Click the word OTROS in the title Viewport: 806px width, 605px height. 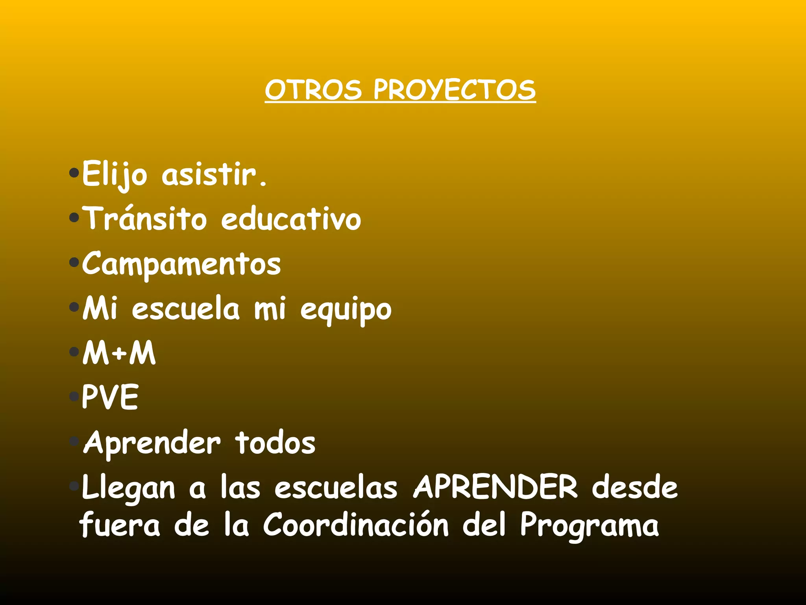point(313,90)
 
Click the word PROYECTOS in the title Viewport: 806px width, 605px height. point(455,90)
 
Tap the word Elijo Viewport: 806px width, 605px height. point(115,174)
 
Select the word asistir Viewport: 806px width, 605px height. point(214,174)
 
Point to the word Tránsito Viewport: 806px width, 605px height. point(146,219)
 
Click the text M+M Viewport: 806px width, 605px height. point(119,353)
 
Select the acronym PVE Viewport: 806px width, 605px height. point(110,397)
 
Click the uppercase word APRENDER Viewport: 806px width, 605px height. point(495,488)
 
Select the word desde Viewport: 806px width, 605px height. point(635,488)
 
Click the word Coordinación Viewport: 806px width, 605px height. point(356,525)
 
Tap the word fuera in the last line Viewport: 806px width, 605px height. point(120,525)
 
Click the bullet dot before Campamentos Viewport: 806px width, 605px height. point(74,262)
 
